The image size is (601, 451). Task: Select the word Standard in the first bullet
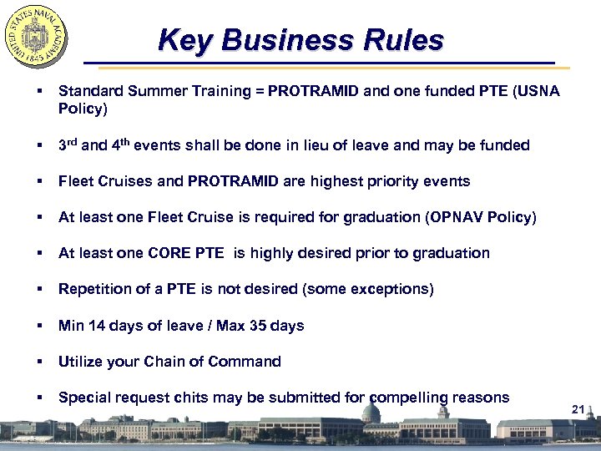(88, 91)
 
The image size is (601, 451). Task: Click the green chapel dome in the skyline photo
(371, 413)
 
